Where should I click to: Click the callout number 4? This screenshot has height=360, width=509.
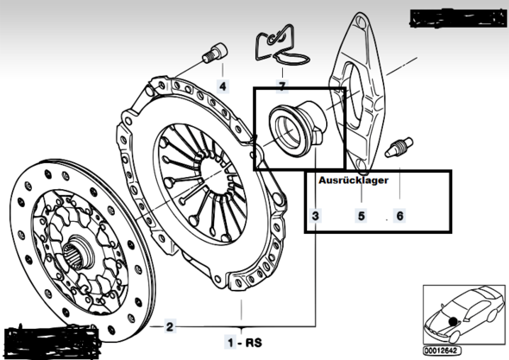[x=223, y=86]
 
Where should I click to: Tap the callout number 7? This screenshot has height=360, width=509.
[x=282, y=86]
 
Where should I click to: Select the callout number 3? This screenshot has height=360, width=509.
[x=315, y=216]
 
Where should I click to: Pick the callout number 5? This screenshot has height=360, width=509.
[x=361, y=216]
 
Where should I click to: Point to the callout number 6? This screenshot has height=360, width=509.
[x=399, y=216]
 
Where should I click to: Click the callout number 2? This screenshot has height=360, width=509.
[x=169, y=326]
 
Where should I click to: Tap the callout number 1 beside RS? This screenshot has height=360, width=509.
[x=230, y=343]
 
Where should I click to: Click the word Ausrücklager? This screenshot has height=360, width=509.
[x=353, y=180]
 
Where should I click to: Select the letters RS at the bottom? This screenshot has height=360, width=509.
[x=254, y=343]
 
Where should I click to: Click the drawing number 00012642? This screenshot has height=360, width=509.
[x=442, y=351]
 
